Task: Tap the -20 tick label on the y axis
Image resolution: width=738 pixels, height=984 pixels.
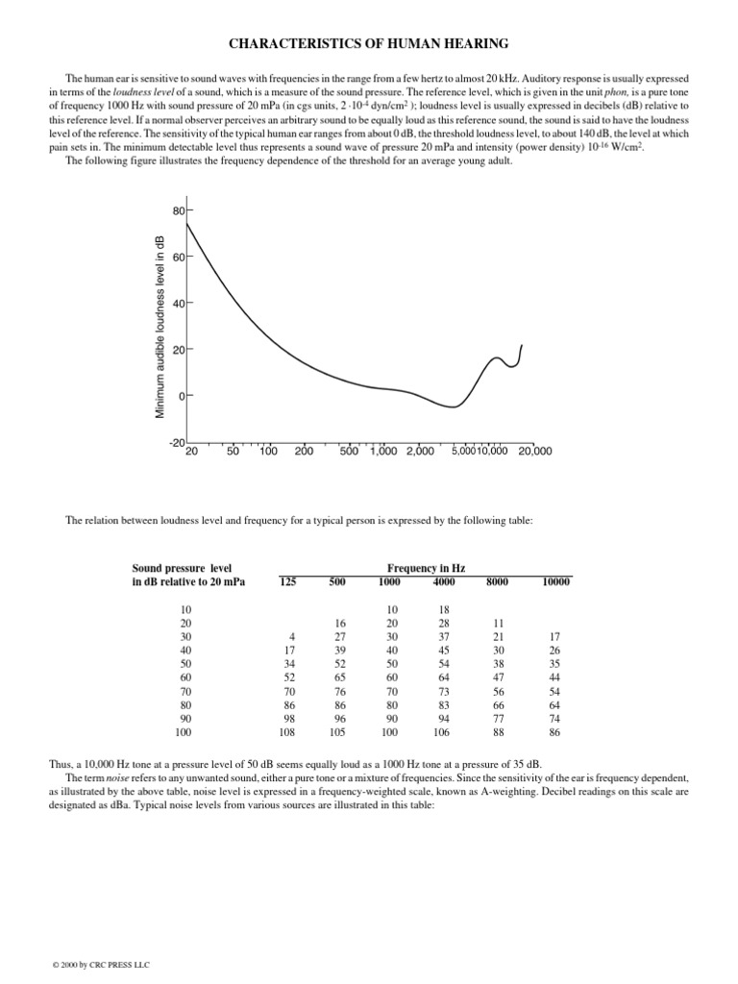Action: click(176, 442)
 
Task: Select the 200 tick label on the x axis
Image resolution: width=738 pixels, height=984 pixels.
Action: click(305, 451)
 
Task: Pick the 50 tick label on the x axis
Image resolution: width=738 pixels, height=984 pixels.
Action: click(233, 451)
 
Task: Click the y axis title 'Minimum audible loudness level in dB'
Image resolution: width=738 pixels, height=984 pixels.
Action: click(160, 326)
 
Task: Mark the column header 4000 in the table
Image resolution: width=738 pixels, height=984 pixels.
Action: click(444, 581)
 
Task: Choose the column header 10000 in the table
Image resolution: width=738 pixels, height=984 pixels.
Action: click(555, 581)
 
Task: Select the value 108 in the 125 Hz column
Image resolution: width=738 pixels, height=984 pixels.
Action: click(285, 731)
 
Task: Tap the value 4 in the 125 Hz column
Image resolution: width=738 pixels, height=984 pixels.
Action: click(290, 636)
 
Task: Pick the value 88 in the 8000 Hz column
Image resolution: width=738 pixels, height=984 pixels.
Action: click(498, 731)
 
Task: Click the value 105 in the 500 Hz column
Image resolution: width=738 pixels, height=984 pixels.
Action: click(337, 731)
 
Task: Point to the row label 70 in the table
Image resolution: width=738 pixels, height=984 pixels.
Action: click(185, 690)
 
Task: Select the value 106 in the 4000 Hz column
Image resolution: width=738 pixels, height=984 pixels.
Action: click(443, 731)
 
